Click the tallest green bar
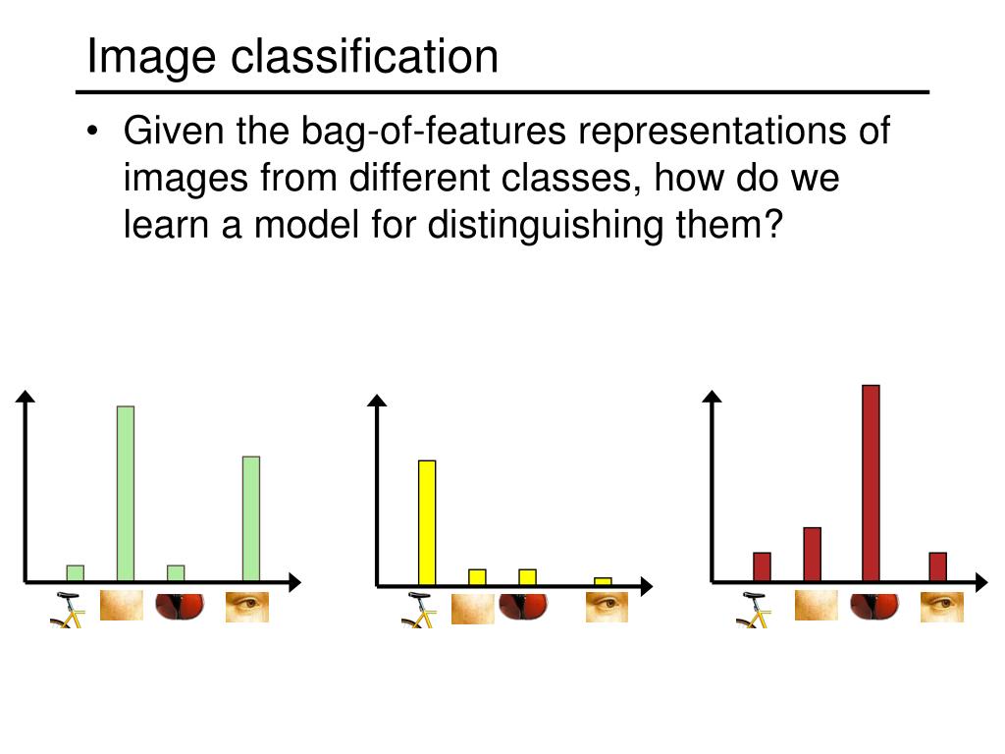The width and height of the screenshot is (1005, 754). (126, 493)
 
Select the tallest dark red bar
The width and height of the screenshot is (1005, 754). (871, 482)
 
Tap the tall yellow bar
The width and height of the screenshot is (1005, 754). (427, 521)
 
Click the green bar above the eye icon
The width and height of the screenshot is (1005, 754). (251, 518)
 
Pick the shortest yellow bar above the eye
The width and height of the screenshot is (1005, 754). (603, 581)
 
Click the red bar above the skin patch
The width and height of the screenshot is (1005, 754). (812, 554)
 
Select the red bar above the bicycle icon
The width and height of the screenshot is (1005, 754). (762, 566)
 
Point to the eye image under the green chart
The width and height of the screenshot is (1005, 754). (247, 607)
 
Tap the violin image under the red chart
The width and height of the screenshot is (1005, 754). (873, 606)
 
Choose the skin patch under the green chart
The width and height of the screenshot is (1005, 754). (122, 605)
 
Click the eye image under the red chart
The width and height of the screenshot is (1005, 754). (941, 607)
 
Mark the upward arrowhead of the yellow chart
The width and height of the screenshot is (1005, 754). (377, 400)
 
